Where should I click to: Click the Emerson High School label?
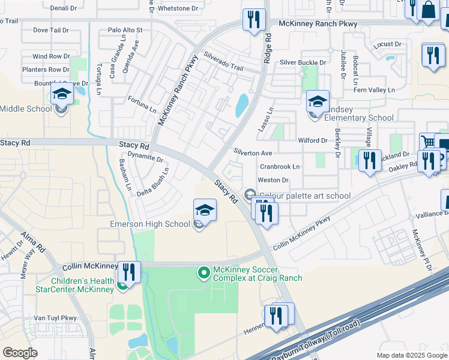coord(150,224)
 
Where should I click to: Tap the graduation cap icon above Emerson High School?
coord(205,211)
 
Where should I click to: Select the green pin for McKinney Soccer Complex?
coord(204,274)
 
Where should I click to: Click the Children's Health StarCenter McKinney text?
coord(82,285)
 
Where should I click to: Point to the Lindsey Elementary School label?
coord(359,118)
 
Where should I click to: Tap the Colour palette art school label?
coord(304,196)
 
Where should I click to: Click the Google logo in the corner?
coord(20,353)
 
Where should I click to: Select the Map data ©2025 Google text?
coord(412,355)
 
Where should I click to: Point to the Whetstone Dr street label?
coord(178,8)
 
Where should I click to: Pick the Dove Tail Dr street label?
coord(52,29)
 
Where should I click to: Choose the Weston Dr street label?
coord(273,180)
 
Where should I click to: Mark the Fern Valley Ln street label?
coord(375,90)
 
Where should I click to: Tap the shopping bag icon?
coord(429,10)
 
